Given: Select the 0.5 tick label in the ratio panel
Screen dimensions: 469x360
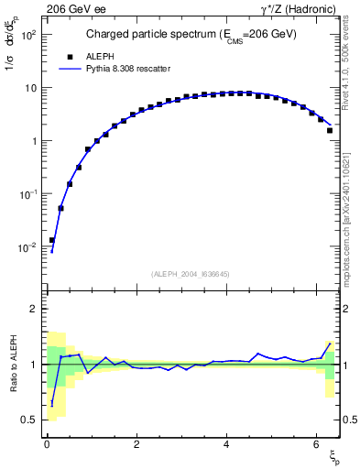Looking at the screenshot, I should (29, 420).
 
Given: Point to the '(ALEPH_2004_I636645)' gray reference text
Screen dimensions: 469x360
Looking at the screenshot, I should (190, 274).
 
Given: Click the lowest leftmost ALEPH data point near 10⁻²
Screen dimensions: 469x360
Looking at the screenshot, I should (52, 240).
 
